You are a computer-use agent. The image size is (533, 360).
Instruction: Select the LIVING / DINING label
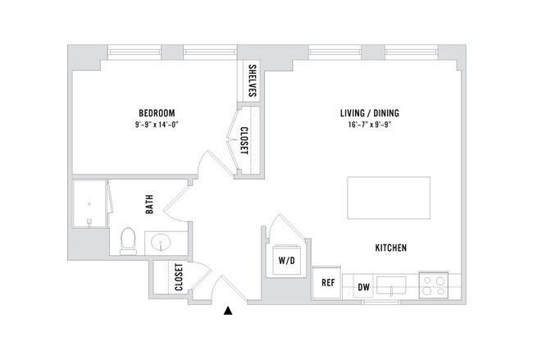[369, 113]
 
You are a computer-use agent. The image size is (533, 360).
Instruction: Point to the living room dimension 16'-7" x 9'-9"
[369, 125]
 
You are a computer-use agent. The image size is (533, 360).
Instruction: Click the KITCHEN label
[391, 248]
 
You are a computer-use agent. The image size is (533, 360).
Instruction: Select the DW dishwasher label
[364, 287]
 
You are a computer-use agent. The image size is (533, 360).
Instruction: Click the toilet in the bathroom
[128, 240]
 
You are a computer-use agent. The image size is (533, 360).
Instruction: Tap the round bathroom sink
[161, 244]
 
